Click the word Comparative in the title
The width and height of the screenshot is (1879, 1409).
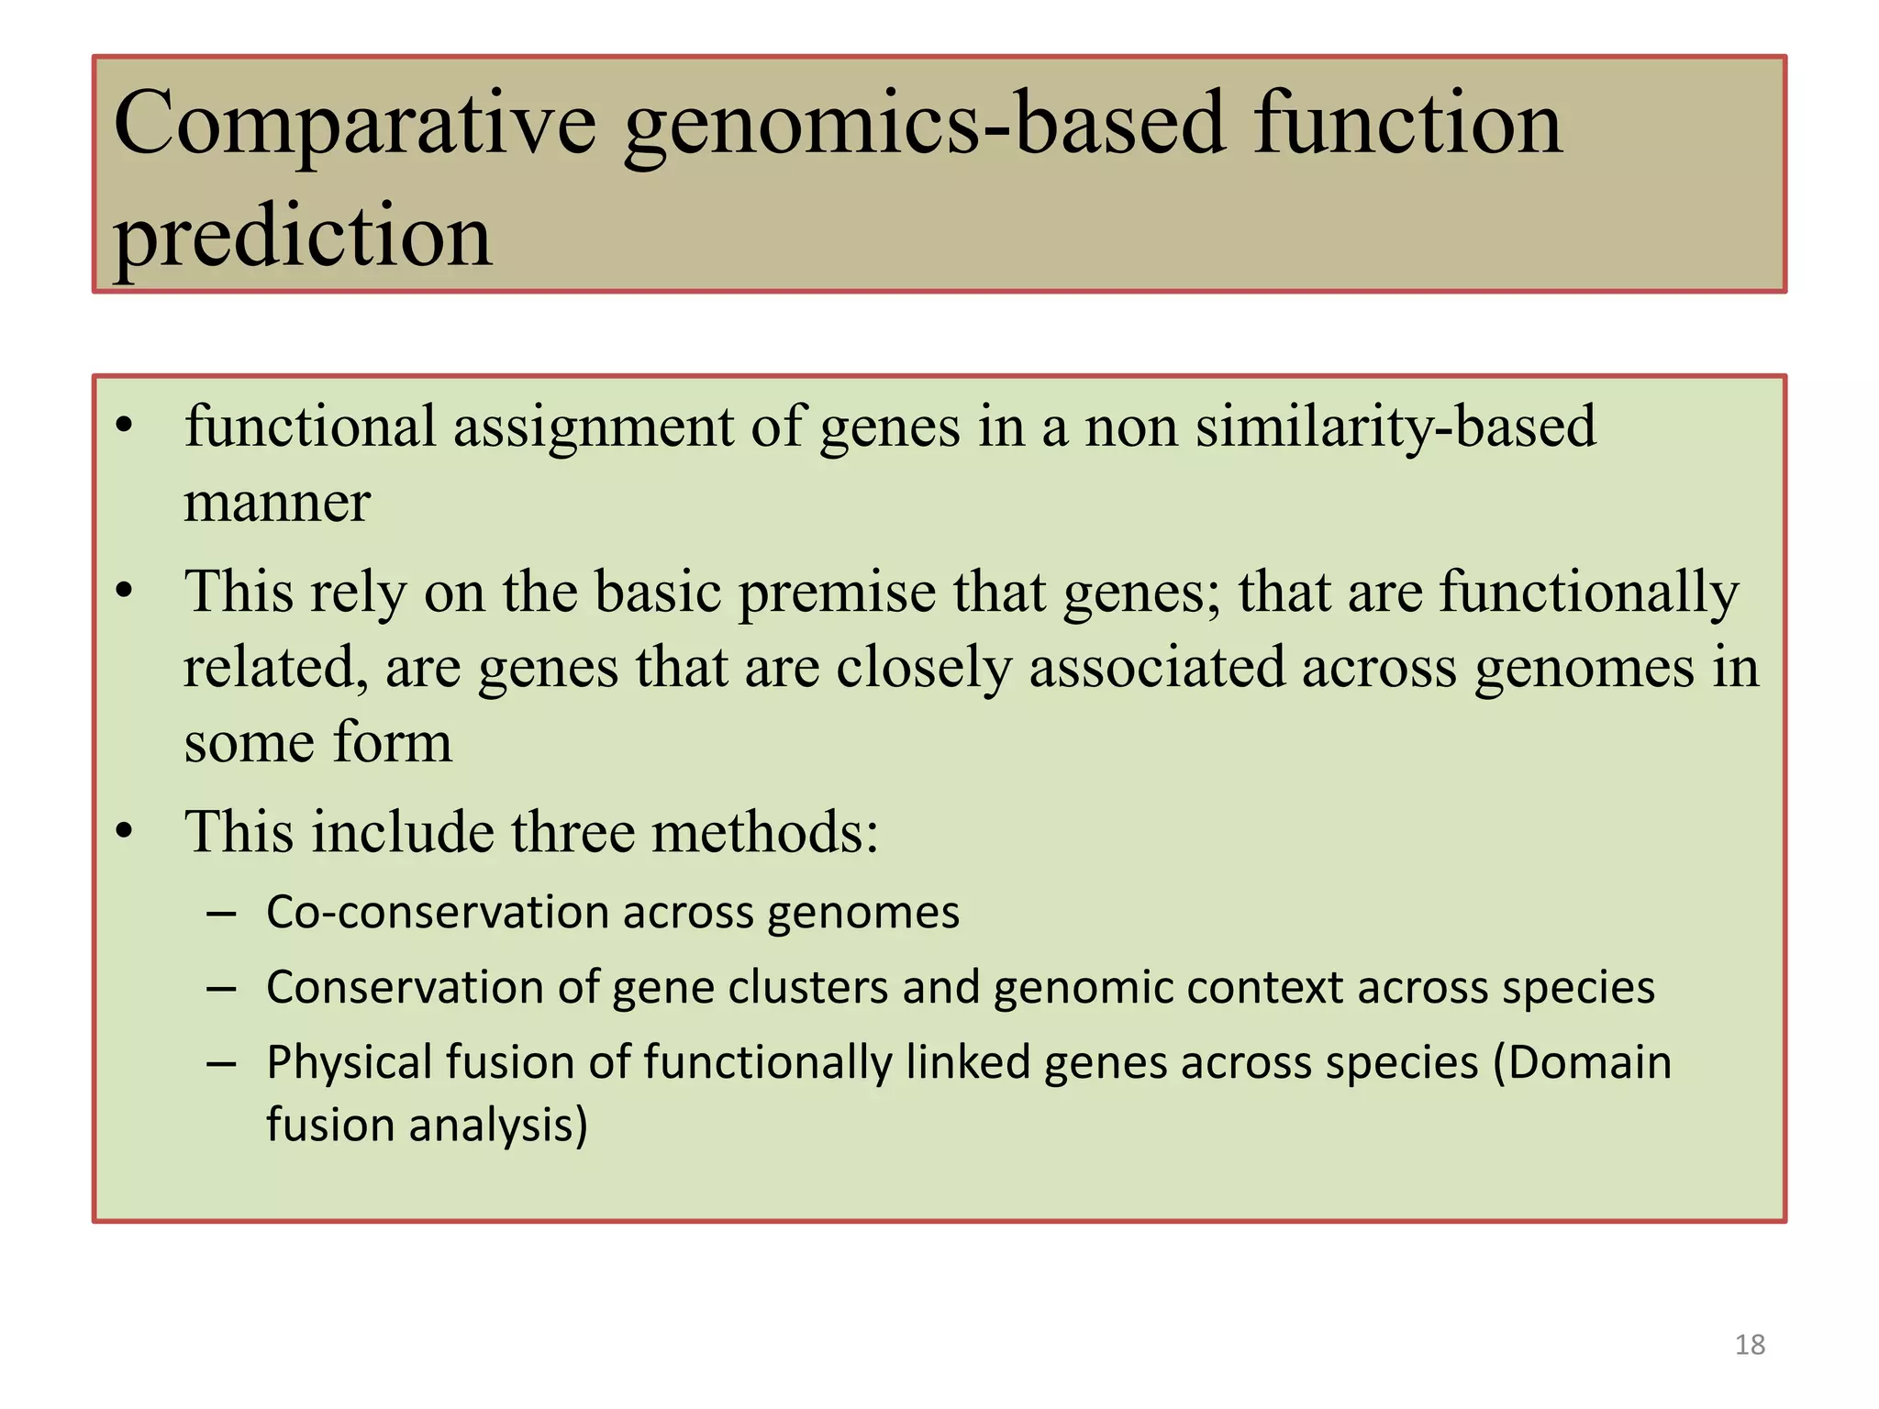355,126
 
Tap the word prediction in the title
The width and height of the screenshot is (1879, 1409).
303,237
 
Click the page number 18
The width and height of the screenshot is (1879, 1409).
1750,1345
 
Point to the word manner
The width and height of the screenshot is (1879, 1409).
277,504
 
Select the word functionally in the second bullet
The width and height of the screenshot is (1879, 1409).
1588,592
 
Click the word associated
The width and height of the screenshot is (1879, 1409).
1156,667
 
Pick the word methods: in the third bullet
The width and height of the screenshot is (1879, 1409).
765,832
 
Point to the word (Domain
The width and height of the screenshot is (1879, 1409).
1582,1062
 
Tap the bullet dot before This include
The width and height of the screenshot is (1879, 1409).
125,832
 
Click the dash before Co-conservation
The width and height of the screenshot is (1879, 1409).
221,914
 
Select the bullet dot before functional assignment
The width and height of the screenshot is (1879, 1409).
125,427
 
